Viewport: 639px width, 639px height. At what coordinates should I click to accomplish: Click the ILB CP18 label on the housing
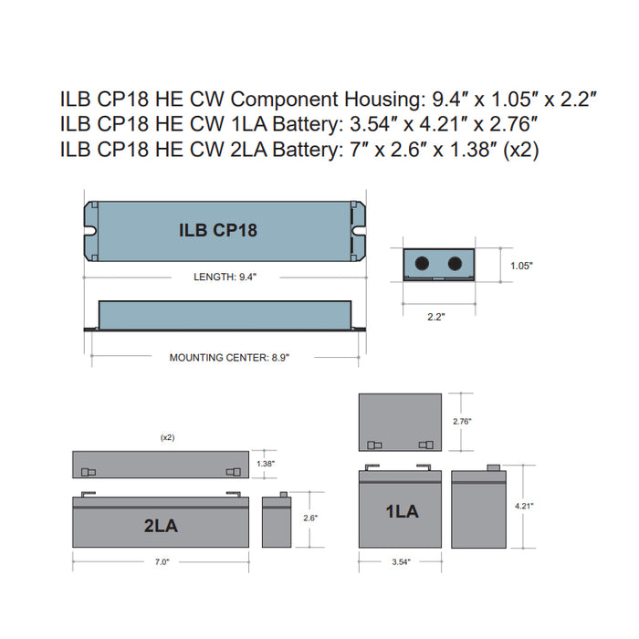click(218, 230)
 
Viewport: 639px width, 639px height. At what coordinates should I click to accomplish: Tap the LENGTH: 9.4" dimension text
click(225, 276)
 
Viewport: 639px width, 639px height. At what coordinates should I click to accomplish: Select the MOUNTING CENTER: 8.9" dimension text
click(229, 358)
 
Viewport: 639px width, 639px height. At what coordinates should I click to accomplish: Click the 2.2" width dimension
click(436, 318)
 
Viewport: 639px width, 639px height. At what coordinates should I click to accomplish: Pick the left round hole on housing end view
click(423, 262)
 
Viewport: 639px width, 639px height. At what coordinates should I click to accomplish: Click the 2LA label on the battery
click(161, 526)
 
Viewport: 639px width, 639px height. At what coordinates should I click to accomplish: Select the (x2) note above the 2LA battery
click(168, 438)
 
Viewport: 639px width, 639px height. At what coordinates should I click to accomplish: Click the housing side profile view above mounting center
click(225, 315)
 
